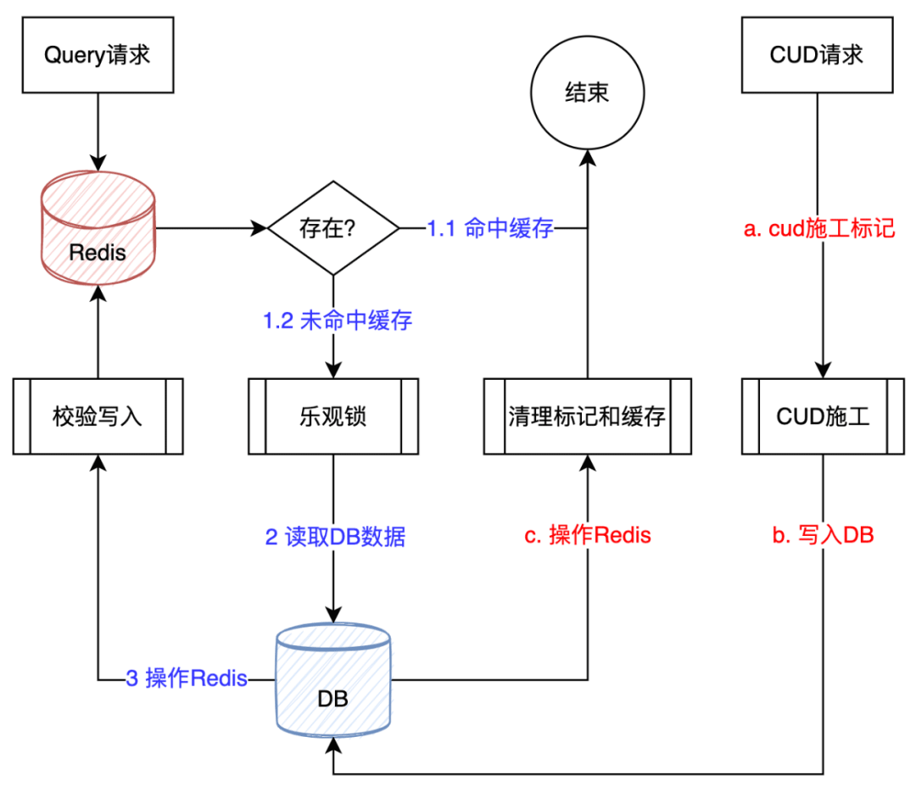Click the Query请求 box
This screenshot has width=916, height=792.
point(98,56)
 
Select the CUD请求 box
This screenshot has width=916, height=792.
point(817,56)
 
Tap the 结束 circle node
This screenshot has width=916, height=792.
point(587,92)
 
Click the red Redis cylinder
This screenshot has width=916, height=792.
point(98,229)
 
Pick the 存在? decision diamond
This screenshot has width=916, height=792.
point(333,228)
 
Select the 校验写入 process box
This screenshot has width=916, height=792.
point(98,416)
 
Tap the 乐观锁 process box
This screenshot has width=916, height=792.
point(333,416)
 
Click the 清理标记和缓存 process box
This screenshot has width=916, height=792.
point(587,416)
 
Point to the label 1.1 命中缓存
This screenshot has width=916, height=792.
point(490,228)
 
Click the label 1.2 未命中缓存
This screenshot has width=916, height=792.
point(338,321)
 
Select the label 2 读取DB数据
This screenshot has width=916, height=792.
point(336,537)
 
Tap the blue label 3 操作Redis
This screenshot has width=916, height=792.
point(187,679)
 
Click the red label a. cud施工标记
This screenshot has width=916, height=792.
point(818,229)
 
